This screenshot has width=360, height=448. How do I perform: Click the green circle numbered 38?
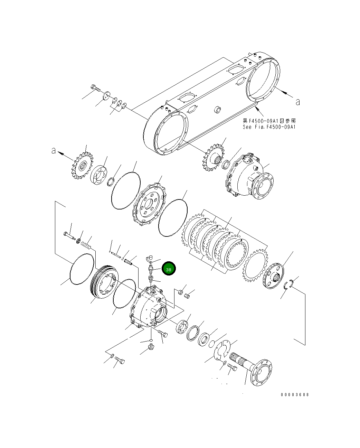[x=169, y=269]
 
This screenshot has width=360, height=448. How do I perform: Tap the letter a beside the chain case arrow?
[x=297, y=102]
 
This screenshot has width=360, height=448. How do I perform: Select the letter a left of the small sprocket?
[x=54, y=151]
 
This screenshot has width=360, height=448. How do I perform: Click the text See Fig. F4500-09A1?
[x=269, y=127]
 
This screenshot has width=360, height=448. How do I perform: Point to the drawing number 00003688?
[x=295, y=394]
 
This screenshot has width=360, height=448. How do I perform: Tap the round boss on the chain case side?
[x=218, y=110]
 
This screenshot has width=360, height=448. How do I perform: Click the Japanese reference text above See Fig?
[x=269, y=121]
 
